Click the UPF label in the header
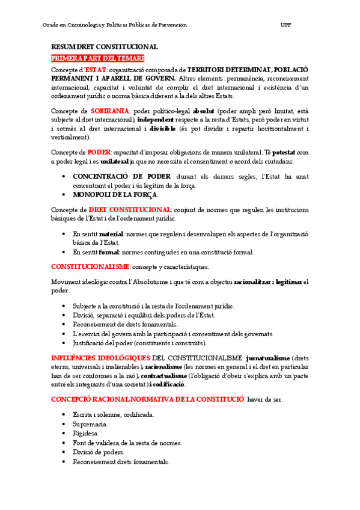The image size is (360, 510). pyautogui.click(x=285, y=25)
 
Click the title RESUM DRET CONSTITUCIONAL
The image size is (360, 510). pyautogui.click(x=105, y=47)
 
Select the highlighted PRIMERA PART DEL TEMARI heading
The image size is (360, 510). pyautogui.click(x=98, y=58)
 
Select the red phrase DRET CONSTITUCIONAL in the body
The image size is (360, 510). pyautogui.click(x=126, y=209)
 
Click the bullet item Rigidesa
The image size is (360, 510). pyautogui.click(x=86, y=433)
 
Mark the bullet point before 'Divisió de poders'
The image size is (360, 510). pyautogui.click(x=64, y=452)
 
